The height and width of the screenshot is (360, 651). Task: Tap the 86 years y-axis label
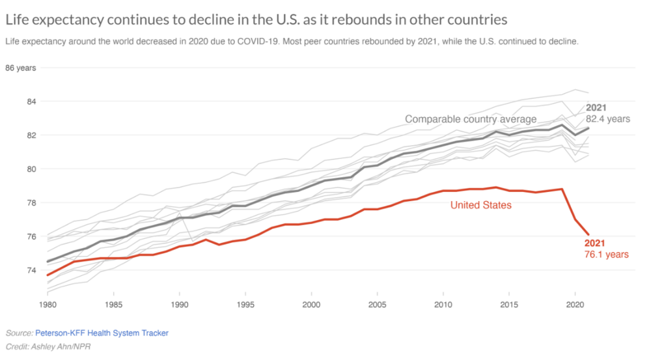coord(20,68)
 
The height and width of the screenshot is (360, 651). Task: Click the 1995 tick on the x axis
coord(245,304)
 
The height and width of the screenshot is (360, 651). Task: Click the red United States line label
coord(481,205)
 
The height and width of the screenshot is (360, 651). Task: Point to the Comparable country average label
coord(471,119)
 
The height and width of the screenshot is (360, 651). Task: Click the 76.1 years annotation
coord(607,255)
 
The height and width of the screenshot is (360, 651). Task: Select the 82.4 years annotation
coord(608,119)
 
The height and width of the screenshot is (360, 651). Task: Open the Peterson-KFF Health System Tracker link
coord(102,333)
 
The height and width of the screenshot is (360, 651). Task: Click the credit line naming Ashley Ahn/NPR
coord(48,346)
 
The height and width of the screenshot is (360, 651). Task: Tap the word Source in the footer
coord(18,333)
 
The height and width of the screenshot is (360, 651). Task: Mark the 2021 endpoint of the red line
coord(588,234)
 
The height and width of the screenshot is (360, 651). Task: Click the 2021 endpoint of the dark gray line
coord(588,128)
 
